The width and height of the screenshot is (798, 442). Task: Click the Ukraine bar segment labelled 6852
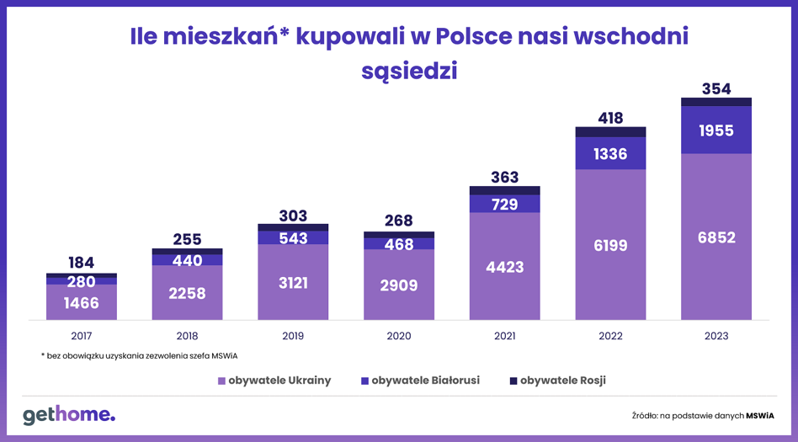(716, 237)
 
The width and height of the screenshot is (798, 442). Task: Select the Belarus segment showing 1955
(716, 130)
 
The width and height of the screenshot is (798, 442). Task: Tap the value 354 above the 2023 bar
(716, 88)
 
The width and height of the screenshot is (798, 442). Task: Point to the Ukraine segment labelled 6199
(610, 244)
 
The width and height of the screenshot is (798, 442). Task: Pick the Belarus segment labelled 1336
(610, 153)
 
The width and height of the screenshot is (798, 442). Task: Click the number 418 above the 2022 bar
(610, 118)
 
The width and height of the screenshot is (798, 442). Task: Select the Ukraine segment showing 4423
(504, 266)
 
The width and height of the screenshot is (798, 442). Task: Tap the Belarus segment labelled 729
(504, 204)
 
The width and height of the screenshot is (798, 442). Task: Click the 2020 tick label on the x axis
(398, 336)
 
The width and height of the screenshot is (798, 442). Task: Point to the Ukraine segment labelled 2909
(398, 285)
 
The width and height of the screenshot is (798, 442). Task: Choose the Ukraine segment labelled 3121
(293, 282)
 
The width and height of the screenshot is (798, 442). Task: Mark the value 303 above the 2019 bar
(293, 216)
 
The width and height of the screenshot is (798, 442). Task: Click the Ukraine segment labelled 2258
(187, 293)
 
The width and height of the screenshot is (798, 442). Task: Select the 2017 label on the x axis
(82, 336)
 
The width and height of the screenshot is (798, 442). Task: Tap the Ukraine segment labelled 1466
(82, 302)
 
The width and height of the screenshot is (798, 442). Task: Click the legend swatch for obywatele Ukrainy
(221, 381)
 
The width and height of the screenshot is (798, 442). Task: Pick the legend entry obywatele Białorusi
(420, 381)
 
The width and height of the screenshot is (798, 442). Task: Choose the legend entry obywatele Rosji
(557, 381)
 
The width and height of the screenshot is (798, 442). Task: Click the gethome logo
(69, 415)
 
